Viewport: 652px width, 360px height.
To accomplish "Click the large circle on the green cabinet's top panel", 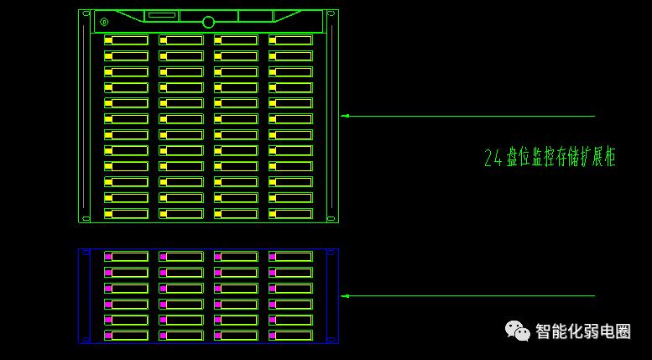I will point(208,22).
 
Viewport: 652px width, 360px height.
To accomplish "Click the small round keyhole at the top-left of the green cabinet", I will point(104,22).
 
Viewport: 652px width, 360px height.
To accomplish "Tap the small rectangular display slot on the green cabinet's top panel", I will point(161,15).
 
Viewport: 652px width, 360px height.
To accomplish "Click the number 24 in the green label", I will point(493,158).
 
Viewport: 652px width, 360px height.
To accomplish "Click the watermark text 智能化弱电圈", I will point(582,331).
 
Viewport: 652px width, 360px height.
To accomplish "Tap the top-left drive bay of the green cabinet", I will point(126,40).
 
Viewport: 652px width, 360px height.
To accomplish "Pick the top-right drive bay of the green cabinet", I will point(290,40).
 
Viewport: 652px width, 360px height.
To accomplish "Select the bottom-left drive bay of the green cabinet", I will point(126,214).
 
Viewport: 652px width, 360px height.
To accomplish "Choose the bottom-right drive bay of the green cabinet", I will point(290,214).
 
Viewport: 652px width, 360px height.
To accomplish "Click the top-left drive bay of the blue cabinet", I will point(126,256).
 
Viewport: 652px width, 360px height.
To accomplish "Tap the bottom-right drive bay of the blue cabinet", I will point(290,336).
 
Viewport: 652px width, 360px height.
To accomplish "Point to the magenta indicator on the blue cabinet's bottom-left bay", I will point(108,336).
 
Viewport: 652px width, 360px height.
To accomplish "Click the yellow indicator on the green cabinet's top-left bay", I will point(108,40).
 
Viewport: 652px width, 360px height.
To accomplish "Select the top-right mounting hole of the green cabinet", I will point(331,14).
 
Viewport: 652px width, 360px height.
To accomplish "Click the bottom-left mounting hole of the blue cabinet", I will point(82,339).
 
